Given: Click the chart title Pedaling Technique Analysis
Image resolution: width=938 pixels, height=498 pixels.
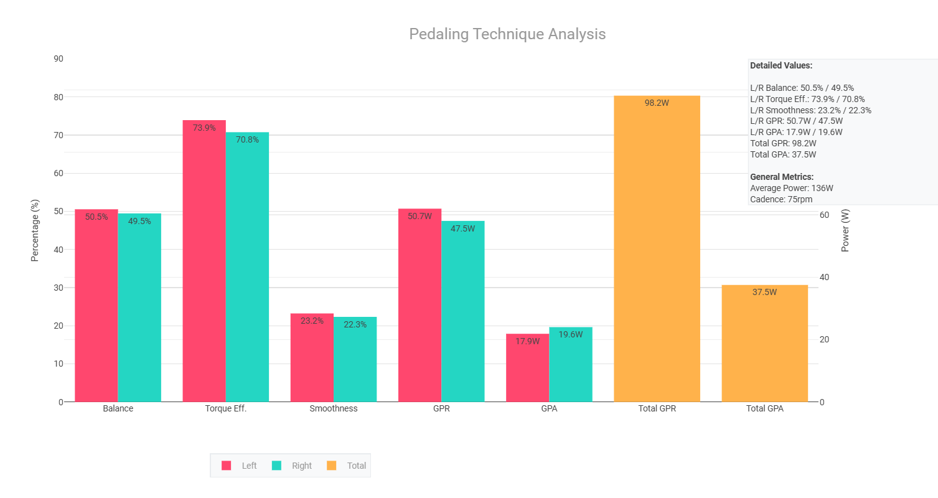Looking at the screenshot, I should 507,34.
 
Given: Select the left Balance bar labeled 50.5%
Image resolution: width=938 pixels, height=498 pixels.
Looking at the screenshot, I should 96,305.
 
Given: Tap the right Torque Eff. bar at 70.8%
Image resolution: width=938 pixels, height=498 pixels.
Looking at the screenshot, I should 247,268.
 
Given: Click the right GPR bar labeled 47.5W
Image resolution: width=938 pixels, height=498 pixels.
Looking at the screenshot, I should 463,311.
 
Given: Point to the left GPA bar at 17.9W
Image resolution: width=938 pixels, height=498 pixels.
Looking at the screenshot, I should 527,368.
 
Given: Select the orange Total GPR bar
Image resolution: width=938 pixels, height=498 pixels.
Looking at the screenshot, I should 657,249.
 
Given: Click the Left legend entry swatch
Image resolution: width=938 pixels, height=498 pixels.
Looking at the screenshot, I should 227,466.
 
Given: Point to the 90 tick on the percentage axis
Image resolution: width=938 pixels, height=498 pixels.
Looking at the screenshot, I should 59,59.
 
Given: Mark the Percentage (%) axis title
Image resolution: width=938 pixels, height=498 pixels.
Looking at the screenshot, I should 35,230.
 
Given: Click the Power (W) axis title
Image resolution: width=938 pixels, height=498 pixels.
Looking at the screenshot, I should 845,230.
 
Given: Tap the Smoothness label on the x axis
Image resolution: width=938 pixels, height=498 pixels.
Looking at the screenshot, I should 334,409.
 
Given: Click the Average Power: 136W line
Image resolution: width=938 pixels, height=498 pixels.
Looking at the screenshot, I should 791,188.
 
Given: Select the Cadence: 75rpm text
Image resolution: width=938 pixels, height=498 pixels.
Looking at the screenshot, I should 781,199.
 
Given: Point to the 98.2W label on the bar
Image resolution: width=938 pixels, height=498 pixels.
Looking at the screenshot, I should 657,103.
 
